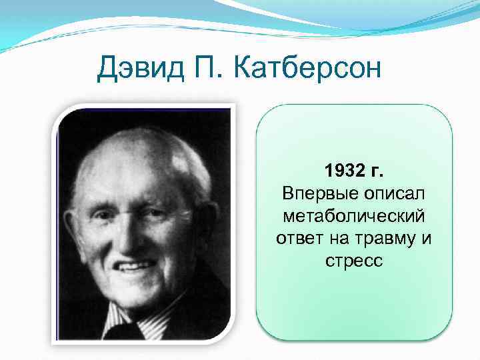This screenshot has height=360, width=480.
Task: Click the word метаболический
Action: coord(354,215)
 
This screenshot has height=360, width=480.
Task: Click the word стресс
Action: coord(354,260)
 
